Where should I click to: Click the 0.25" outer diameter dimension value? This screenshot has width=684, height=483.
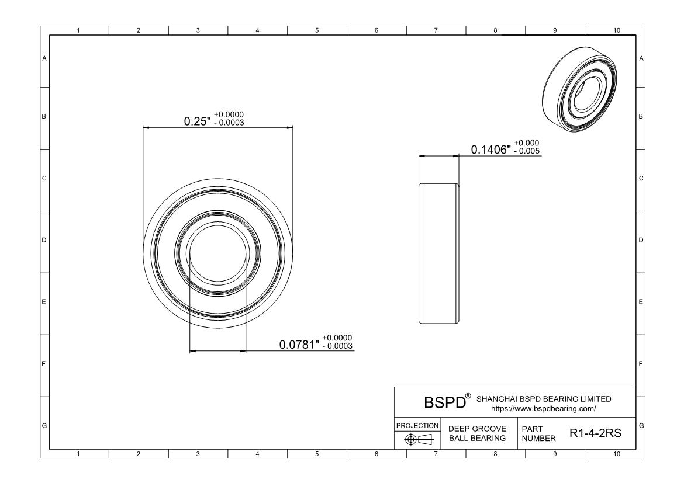point(197,121)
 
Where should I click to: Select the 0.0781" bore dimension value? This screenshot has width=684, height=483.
point(299,345)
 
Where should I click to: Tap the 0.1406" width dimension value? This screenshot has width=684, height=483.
point(490,150)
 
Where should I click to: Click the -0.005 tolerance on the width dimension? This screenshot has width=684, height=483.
point(527,151)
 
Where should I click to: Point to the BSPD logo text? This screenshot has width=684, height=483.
point(445,402)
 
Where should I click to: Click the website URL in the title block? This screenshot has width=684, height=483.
point(544,409)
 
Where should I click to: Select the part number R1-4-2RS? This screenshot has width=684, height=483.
point(596,433)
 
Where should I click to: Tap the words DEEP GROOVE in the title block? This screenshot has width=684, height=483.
point(477,429)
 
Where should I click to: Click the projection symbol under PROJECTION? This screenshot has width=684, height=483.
point(419,439)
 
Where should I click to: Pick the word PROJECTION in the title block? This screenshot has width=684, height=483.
point(417,425)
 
